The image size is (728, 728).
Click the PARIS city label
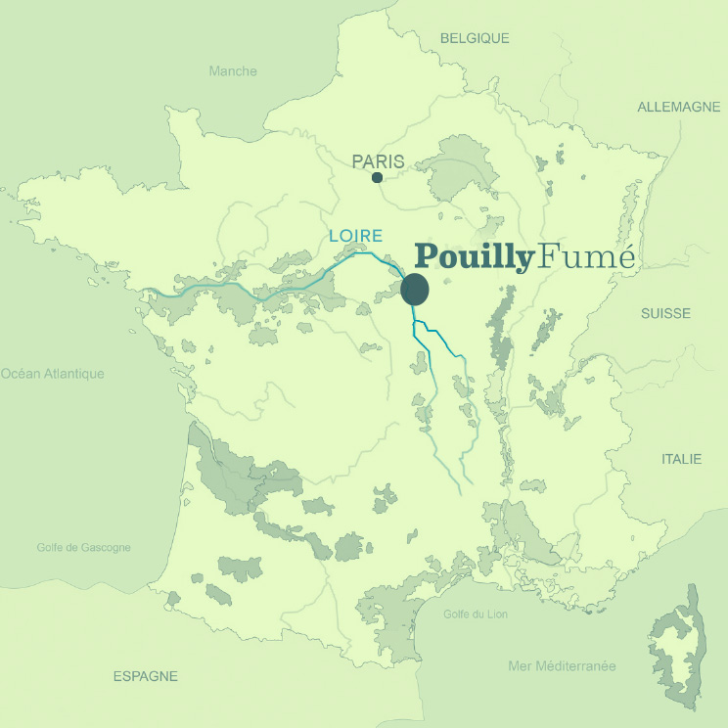378,161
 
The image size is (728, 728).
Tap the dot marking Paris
378,178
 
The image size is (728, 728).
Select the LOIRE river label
355,236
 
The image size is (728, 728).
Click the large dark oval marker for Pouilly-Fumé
415,290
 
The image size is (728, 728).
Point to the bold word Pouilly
475,257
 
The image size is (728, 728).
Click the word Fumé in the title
587,256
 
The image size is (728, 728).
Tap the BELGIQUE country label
475,38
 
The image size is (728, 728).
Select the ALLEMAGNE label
679,107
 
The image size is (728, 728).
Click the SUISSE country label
665,313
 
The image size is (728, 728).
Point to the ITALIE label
682,458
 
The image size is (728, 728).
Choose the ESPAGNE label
146,676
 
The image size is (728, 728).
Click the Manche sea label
233,70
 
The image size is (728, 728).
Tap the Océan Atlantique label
53,373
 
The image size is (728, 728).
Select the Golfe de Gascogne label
83,548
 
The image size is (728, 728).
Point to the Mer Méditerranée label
562,666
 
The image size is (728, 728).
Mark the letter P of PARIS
358,161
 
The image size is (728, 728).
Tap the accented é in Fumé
625,256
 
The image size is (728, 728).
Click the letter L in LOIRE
334,236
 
